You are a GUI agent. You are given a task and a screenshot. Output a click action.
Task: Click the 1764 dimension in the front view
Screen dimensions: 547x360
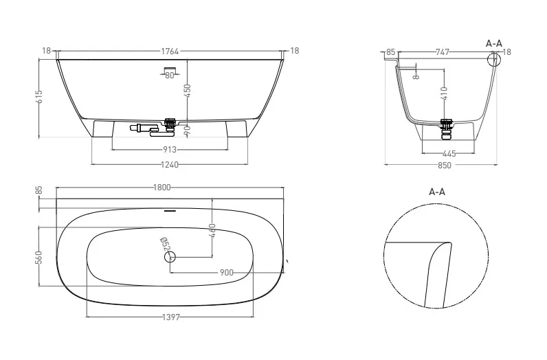point(170,52)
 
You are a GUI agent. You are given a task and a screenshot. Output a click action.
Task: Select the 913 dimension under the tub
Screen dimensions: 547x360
point(170,150)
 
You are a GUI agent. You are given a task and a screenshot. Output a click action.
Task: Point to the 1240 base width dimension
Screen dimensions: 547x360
point(170,164)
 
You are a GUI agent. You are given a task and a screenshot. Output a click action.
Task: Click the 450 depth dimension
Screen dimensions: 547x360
point(188,91)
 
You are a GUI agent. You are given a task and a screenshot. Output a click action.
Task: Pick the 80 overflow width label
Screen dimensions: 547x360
point(170,75)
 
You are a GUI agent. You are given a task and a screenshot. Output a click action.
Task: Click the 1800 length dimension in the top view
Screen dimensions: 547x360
point(162,188)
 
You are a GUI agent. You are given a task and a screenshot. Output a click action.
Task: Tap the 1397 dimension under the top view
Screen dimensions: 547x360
point(171,317)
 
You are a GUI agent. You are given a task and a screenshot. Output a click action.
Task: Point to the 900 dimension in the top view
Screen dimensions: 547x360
point(227,273)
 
